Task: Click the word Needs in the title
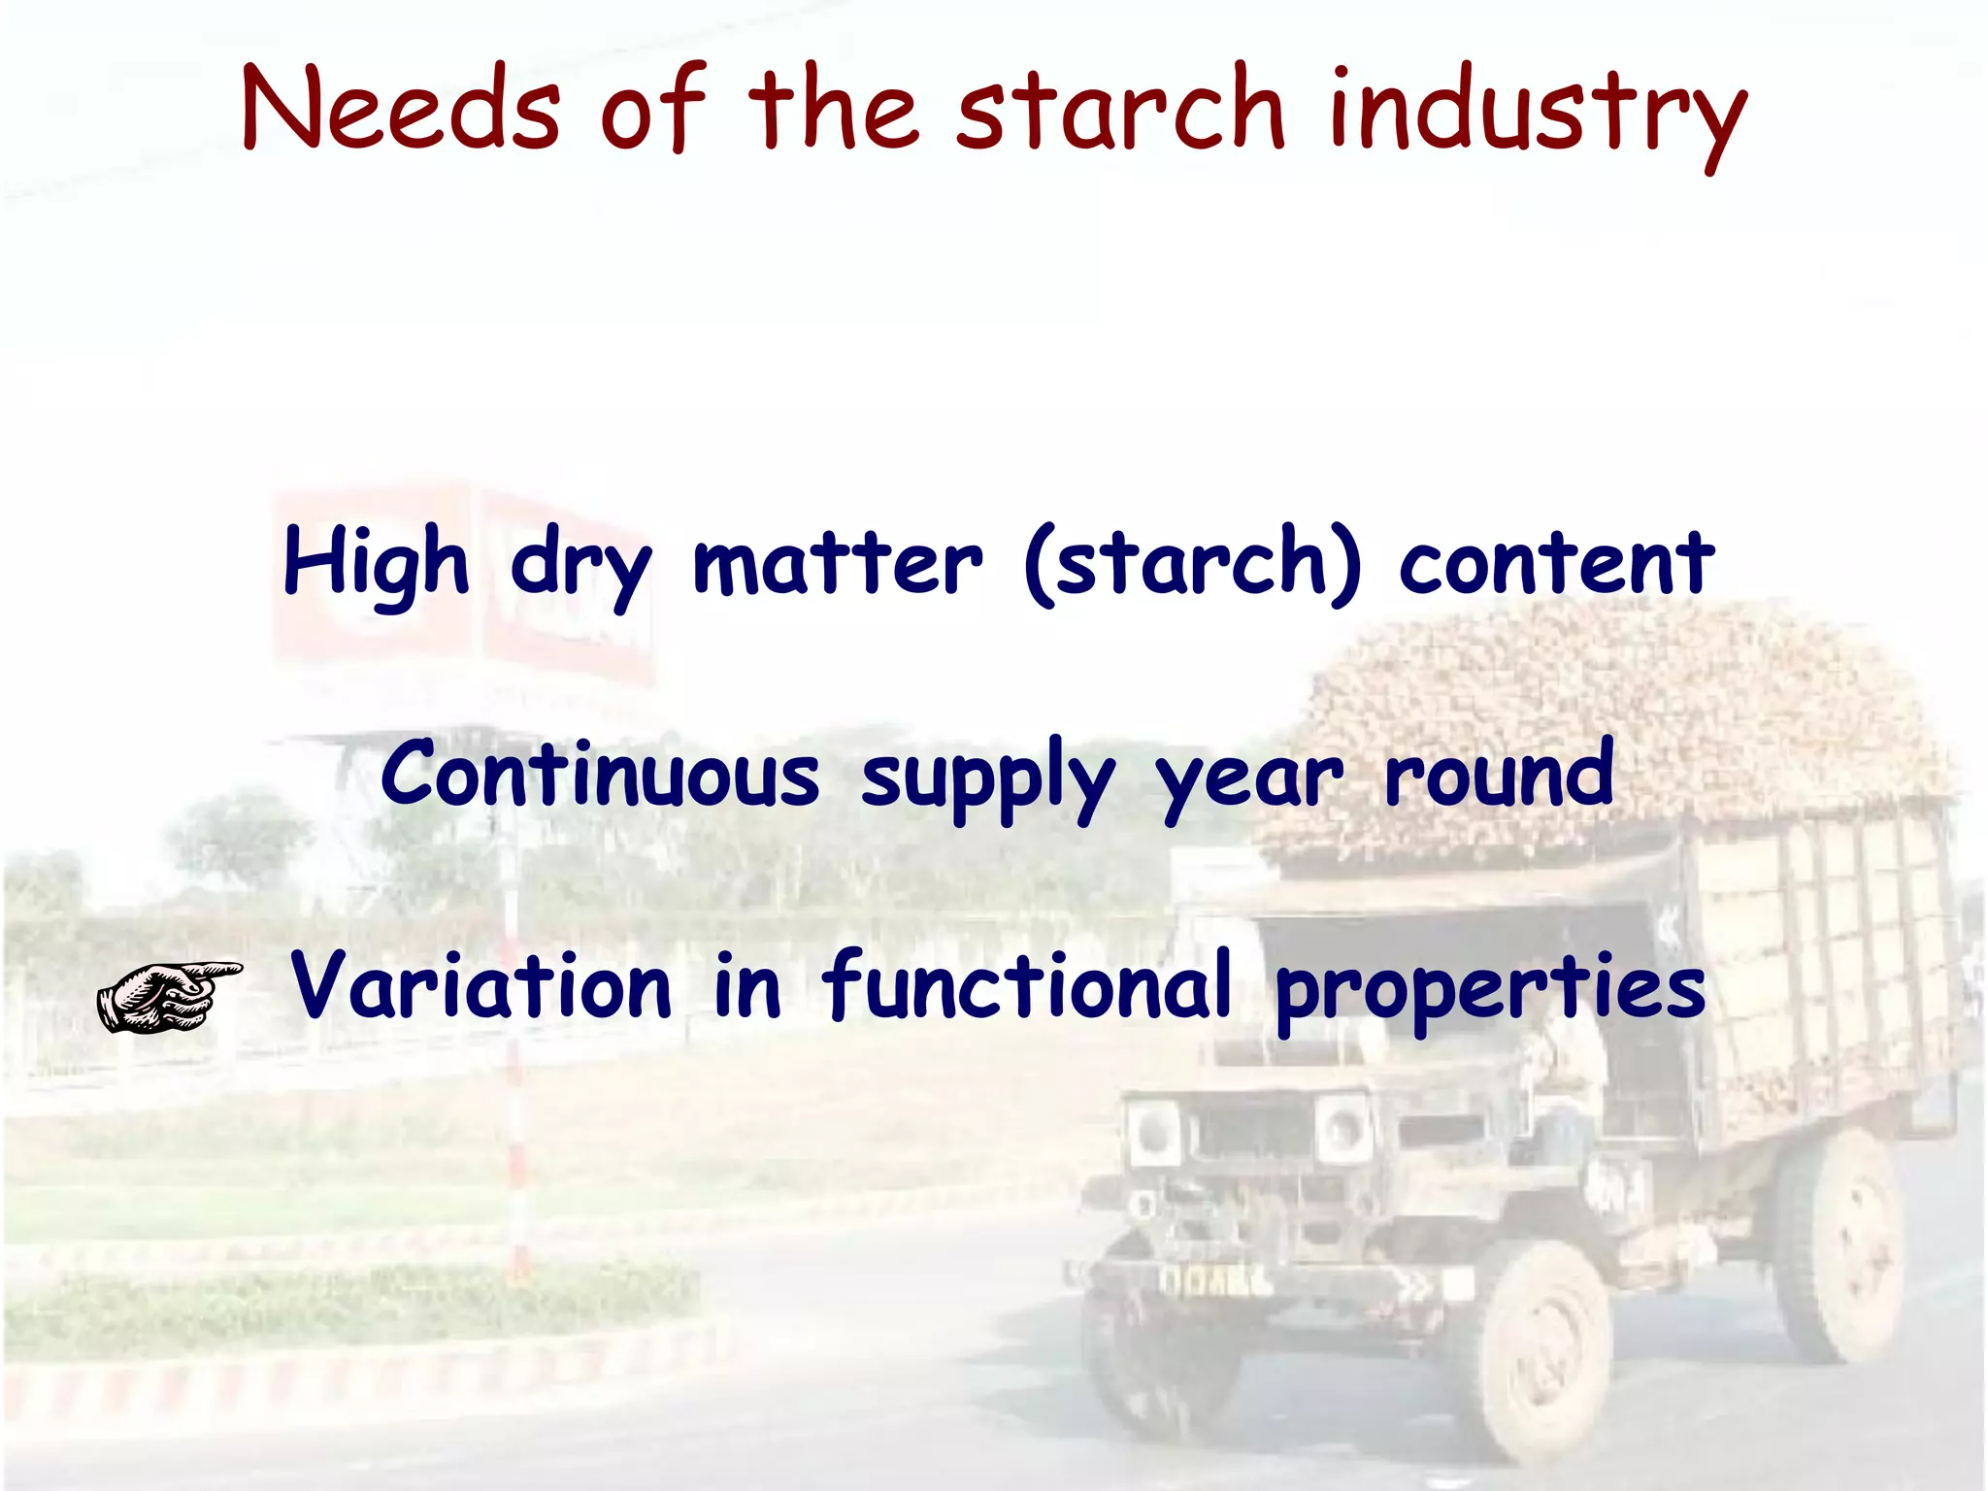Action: [401, 107]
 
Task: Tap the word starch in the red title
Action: [1121, 107]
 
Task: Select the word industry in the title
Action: [1538, 112]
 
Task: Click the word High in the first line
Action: [376, 563]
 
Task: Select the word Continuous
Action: [600, 775]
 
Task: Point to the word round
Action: [1500, 775]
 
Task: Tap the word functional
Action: [1027, 986]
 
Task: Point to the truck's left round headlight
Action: [1152, 1132]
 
